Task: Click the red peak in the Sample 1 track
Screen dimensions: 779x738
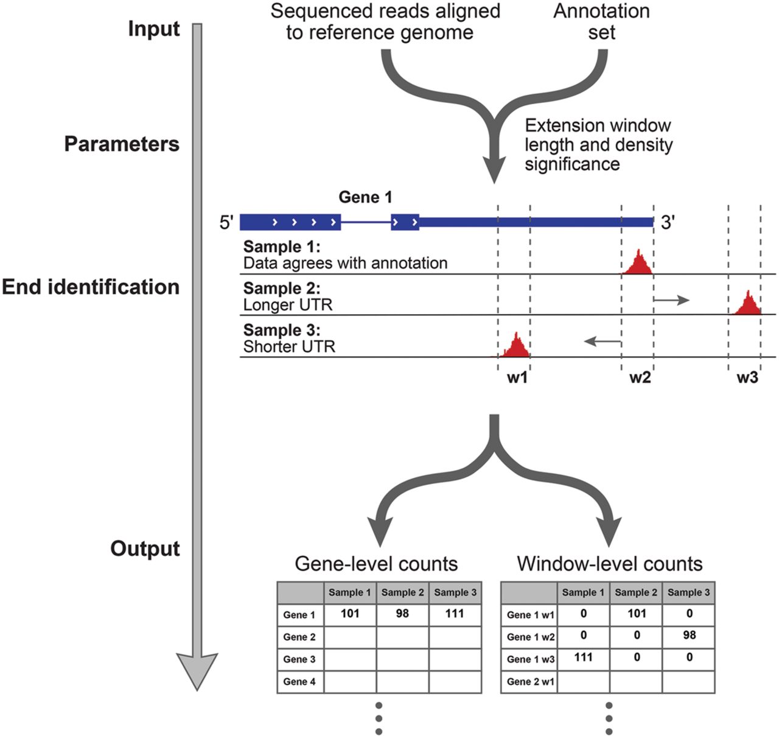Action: point(637,264)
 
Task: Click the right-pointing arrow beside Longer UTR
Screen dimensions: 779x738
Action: point(672,300)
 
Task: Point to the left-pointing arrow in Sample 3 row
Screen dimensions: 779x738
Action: point(603,341)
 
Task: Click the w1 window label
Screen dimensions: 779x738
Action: point(517,378)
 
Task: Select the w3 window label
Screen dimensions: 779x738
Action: point(747,378)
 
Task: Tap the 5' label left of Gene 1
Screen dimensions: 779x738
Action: point(226,222)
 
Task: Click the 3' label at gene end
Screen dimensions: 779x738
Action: point(668,222)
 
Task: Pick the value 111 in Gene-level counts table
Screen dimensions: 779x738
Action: point(455,614)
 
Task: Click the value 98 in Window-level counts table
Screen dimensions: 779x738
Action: point(690,635)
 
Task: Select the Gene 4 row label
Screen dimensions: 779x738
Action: point(299,682)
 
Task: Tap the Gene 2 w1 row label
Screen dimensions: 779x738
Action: point(530,682)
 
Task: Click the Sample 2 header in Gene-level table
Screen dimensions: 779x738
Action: point(402,592)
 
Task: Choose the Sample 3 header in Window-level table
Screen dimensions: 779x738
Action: point(689,592)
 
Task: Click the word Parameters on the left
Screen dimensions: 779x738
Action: point(122,144)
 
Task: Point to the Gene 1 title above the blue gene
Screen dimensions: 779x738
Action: point(365,197)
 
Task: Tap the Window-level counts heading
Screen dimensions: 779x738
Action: point(609,563)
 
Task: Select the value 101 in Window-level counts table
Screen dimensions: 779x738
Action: point(637,614)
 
